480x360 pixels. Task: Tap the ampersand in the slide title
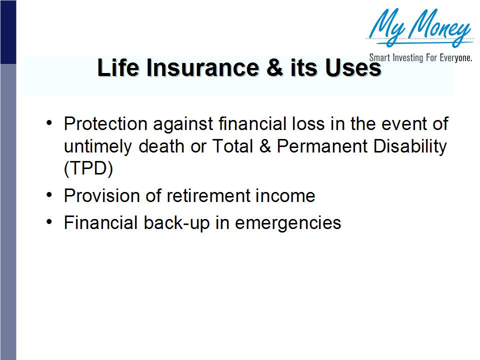click(274, 67)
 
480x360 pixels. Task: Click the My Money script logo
click(420, 27)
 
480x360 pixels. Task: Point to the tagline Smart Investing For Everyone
click(420, 57)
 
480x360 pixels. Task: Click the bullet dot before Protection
click(49, 123)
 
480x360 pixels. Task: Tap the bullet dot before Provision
click(49, 195)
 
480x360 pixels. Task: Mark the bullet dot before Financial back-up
click(49, 222)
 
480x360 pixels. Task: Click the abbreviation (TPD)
click(88, 168)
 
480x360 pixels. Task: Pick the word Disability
click(410, 147)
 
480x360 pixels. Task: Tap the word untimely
click(98, 147)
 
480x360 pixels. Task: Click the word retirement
click(208, 195)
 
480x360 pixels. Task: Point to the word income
click(285, 195)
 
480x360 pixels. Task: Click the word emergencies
click(288, 223)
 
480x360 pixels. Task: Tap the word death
click(161, 146)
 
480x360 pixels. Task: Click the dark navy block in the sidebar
click(8, 32)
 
